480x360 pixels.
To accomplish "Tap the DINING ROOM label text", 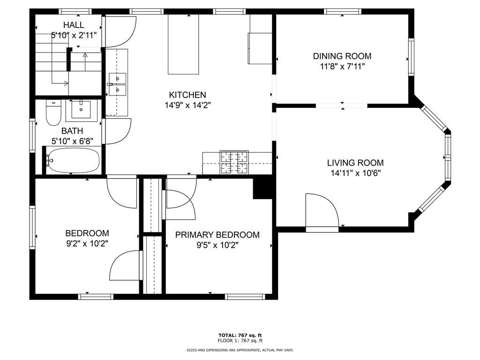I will [x=342, y=56].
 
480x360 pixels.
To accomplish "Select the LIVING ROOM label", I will [x=355, y=163].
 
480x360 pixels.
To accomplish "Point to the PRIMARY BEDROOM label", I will [x=217, y=235].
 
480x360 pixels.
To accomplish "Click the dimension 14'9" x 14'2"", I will [x=187, y=105].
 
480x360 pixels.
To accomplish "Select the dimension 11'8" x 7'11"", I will [x=342, y=67].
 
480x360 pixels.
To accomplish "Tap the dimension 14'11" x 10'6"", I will [x=355, y=173].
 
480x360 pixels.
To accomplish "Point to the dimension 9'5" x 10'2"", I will [x=217, y=245].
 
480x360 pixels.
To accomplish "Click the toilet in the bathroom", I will [x=52, y=112].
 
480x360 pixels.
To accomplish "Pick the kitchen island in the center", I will [x=184, y=44].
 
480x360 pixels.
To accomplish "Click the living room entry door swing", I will [x=321, y=211].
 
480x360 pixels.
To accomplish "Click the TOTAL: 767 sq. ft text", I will [x=240, y=335].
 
